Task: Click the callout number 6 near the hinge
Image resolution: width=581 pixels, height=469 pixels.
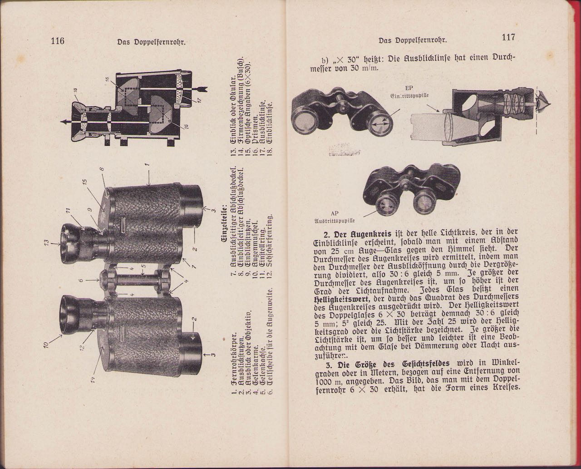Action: [x=81, y=281]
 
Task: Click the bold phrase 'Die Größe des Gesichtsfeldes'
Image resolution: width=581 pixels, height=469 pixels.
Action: [x=394, y=363]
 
